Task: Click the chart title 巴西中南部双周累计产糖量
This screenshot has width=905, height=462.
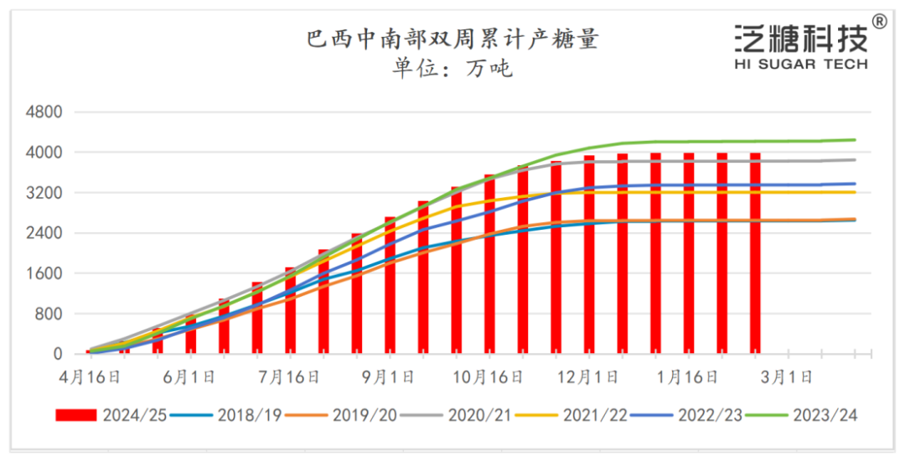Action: coord(452,39)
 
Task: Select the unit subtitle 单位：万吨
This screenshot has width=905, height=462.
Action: coord(452,68)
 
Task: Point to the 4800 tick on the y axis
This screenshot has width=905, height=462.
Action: coord(47,112)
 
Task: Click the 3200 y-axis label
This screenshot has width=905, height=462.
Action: coord(47,193)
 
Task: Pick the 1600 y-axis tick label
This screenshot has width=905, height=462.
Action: coord(47,273)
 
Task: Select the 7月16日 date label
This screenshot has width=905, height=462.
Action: coord(290,377)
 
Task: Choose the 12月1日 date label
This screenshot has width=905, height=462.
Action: coord(588,377)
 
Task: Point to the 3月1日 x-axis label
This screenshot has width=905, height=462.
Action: coord(787,377)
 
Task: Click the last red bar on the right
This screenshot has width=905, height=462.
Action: coord(755,252)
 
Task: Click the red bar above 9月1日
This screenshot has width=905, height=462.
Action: coord(390,285)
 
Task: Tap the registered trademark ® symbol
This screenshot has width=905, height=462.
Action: coord(879,21)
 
